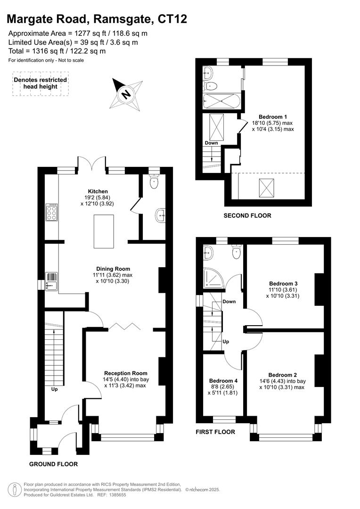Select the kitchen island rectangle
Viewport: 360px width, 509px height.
[104, 231]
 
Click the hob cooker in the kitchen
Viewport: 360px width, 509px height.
[51, 212]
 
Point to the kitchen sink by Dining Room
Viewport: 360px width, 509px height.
[51, 281]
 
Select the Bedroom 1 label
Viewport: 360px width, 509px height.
[273, 116]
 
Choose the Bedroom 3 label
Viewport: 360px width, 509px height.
[283, 284]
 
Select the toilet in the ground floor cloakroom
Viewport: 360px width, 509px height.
[154, 181]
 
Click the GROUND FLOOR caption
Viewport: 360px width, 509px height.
[53, 464]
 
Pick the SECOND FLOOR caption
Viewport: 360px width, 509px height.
[247, 215]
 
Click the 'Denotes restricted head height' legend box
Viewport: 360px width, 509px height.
[40, 83]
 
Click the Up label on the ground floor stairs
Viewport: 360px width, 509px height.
[55, 389]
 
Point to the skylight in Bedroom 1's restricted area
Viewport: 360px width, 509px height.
[267, 189]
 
